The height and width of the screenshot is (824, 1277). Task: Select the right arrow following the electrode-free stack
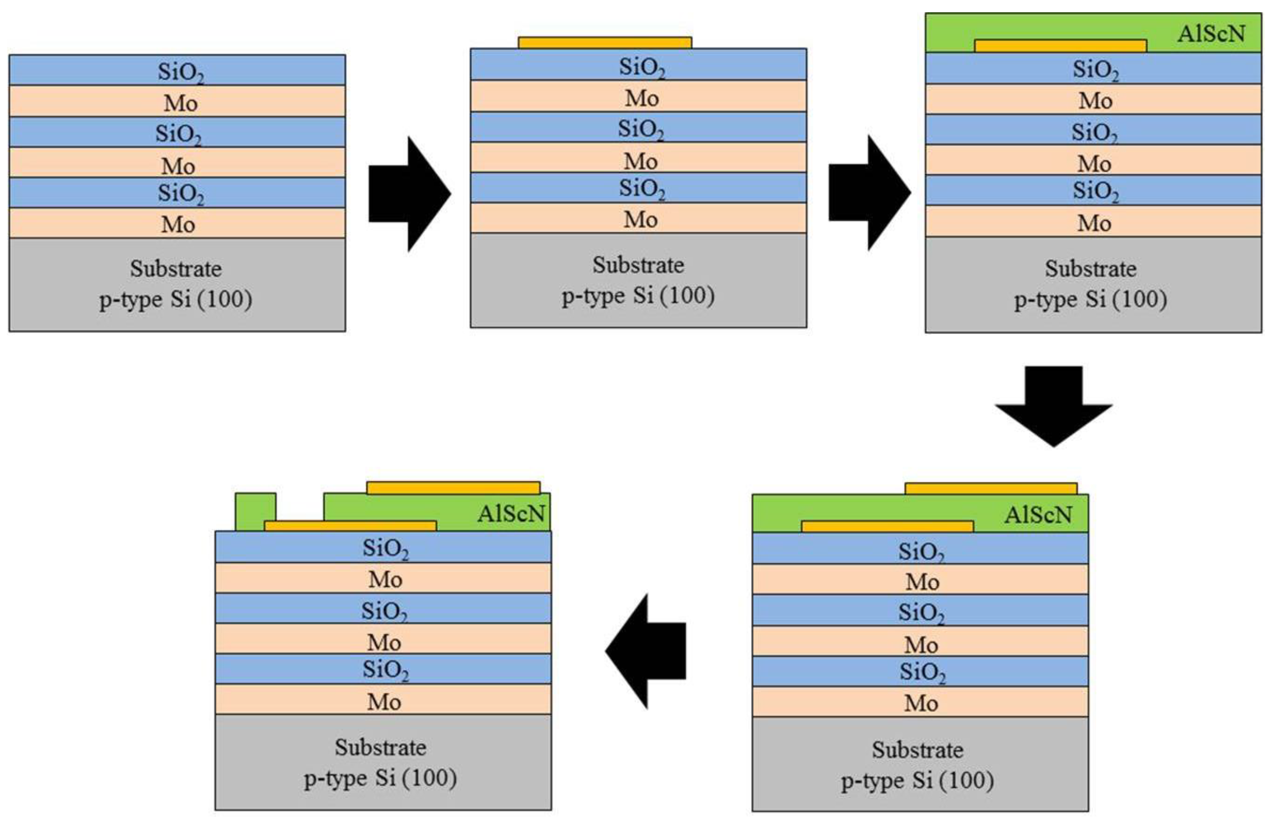[x=410, y=193]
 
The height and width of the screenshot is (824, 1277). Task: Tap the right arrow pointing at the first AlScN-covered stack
[x=869, y=193]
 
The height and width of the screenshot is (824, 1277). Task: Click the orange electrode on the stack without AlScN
[x=605, y=43]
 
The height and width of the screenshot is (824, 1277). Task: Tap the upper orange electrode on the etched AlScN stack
[x=453, y=488]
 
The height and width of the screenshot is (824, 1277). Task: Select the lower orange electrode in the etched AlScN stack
[x=350, y=525]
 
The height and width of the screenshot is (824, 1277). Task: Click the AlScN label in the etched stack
[x=511, y=514]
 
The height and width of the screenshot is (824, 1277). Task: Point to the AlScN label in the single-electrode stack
[x=1211, y=34]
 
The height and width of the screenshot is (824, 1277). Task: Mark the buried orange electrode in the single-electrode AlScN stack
[x=1060, y=45]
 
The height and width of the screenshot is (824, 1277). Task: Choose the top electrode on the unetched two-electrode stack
[x=991, y=488]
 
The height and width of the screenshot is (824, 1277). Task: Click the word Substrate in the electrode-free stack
[x=176, y=269]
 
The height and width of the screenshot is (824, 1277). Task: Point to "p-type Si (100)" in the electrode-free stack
[x=176, y=299]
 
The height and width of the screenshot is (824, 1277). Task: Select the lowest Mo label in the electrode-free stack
[x=178, y=224]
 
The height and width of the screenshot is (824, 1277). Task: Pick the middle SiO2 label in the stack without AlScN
[x=641, y=129]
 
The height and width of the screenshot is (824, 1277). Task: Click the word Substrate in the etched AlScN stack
[x=381, y=748]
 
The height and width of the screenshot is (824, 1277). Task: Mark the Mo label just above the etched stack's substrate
[x=384, y=702]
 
